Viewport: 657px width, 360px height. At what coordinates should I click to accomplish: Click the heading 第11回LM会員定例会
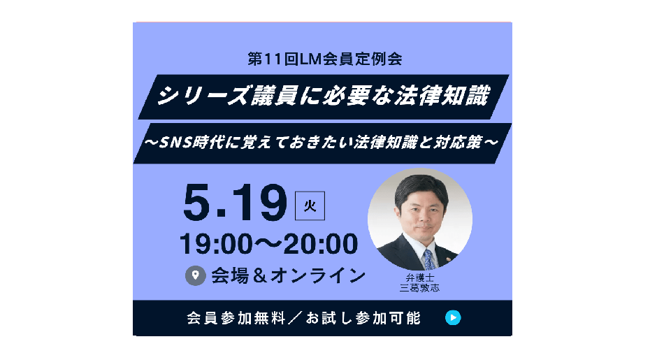tap(325, 59)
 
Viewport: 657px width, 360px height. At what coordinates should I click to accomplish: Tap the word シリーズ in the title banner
tap(203, 96)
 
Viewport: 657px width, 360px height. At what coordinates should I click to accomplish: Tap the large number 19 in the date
tap(260, 203)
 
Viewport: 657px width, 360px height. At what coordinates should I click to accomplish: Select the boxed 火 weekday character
tap(310, 206)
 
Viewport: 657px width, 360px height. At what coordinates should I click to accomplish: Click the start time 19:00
tap(216, 244)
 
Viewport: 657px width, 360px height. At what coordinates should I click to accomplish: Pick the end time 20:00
tap(321, 244)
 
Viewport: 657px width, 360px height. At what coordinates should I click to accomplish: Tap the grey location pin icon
tap(195, 275)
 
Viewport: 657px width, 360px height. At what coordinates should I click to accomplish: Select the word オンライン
tap(318, 275)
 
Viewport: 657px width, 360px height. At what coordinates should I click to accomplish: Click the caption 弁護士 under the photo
tap(420, 278)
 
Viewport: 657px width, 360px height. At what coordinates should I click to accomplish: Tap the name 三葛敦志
tap(420, 288)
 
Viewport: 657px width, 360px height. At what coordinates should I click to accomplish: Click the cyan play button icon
tap(453, 317)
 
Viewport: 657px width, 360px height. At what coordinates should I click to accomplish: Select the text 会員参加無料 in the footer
tap(236, 318)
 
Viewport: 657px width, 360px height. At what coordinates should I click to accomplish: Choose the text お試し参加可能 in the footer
tap(363, 318)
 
